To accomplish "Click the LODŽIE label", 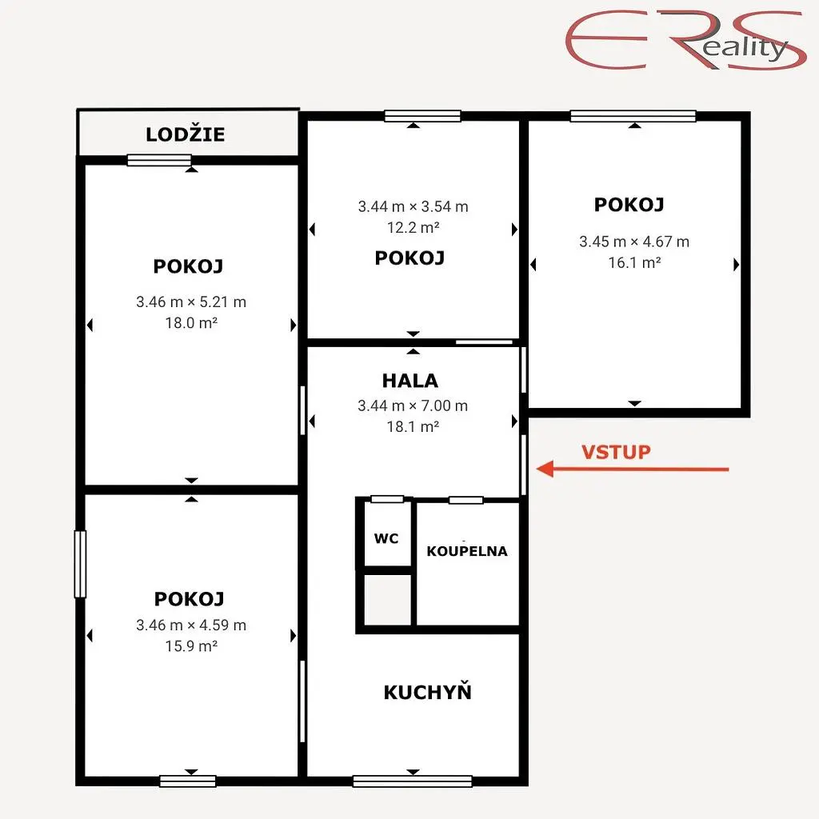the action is coord(186,134).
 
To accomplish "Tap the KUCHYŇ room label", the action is coord(427,692).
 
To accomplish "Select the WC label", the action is coord(386,538).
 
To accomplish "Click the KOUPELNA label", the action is coord(467,551).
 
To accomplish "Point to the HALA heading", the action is coord(410,381).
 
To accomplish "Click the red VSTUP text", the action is coord(617,452).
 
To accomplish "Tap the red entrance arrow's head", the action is coord(545,469).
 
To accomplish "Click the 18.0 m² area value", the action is coord(191,323).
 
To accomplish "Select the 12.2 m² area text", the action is coord(413,227).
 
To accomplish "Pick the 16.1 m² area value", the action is coord(634,262).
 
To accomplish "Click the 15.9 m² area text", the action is coord(191,646).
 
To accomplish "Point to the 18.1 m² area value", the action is coord(413,427).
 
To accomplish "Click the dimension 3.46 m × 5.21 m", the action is coord(191,302).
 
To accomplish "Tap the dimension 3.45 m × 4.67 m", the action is coord(634,242).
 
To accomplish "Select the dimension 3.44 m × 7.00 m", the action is coord(413,406).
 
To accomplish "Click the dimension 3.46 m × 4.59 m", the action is coord(191,625).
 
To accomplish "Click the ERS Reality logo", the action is coord(685,40).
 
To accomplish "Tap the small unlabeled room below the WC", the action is coord(388,599).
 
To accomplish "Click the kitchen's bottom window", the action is coord(413,781).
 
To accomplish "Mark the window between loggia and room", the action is coord(159,160).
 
